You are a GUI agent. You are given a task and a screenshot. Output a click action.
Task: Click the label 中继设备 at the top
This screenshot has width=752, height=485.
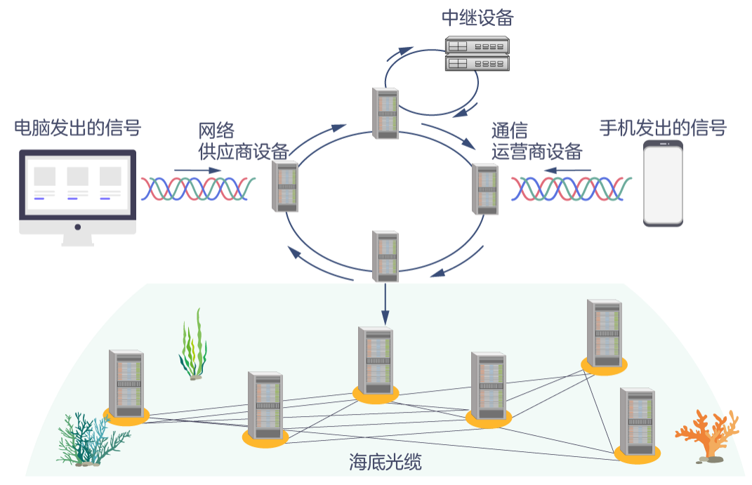(477, 18)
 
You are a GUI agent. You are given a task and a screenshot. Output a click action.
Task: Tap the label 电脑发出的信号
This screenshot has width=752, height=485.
(78, 128)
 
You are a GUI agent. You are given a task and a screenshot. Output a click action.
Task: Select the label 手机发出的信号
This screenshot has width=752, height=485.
(662, 128)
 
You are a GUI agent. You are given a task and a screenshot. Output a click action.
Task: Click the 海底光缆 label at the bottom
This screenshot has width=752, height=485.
(385, 462)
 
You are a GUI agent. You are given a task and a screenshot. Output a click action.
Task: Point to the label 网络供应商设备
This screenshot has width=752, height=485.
(243, 141)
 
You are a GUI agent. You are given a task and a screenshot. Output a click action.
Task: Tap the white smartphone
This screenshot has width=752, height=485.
(664, 183)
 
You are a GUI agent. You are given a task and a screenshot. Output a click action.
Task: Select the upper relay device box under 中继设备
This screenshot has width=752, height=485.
(477, 46)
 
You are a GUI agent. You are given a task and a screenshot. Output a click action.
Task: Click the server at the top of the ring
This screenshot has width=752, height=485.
(385, 113)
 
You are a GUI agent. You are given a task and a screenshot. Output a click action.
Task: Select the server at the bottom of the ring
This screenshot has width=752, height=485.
(385, 256)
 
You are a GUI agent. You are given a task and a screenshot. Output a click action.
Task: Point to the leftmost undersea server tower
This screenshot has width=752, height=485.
(126, 383)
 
